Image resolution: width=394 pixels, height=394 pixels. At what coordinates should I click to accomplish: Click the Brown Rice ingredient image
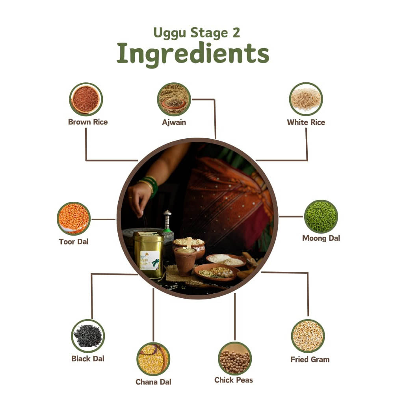86,99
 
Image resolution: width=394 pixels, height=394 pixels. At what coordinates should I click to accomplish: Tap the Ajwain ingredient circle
174,99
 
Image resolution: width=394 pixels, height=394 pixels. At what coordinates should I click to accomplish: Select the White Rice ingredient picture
306,99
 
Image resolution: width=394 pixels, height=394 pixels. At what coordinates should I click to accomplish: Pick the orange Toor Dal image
74,219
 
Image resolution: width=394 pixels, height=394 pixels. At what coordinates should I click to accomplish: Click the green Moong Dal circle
321,217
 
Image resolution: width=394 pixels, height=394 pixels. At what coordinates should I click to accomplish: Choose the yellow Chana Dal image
153,359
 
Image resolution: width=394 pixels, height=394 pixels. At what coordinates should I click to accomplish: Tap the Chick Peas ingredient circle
235,359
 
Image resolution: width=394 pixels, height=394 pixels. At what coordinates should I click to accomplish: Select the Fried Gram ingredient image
308,336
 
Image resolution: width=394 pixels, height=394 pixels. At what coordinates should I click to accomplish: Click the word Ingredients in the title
193,54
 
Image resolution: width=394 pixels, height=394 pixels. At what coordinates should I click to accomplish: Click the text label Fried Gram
310,360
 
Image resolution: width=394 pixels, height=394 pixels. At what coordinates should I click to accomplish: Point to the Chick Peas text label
234,380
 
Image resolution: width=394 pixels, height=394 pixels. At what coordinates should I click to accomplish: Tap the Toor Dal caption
74,242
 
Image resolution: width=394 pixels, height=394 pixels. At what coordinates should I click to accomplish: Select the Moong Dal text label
321,238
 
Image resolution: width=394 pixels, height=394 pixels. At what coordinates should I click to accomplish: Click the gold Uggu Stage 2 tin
148,255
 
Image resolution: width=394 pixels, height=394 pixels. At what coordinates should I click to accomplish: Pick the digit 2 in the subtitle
236,33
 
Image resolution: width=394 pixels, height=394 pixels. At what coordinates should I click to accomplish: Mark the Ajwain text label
174,123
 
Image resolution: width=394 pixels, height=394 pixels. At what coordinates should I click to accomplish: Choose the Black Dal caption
88,359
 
